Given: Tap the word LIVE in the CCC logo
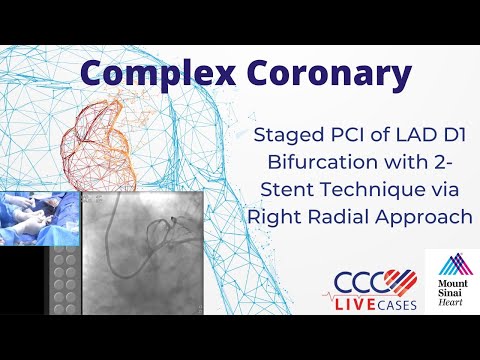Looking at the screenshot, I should (x=359, y=301).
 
